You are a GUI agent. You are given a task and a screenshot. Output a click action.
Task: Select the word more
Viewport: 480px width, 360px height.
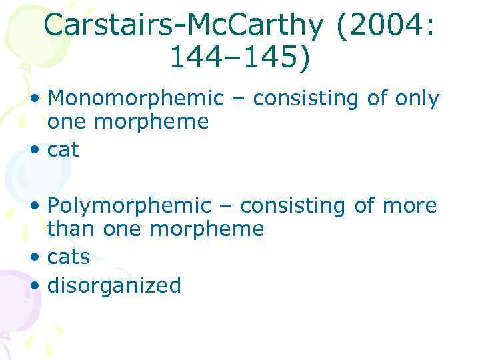click(409, 206)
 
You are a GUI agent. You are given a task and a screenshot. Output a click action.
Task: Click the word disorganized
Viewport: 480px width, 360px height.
click(114, 285)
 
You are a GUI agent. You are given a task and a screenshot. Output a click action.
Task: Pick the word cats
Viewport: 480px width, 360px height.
click(69, 257)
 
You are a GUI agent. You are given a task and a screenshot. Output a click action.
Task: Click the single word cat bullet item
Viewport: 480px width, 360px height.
click(63, 150)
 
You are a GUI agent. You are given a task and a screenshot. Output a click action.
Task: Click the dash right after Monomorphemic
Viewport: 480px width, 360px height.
click(239, 100)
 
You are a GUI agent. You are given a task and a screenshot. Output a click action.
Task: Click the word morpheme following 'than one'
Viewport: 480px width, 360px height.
click(207, 229)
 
